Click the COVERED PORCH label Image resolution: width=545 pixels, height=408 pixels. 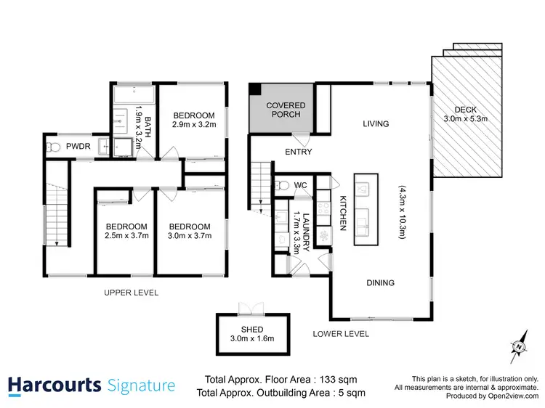pos(286,110)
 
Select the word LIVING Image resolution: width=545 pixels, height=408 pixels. pos(376,124)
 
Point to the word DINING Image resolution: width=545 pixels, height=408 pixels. pos(381,283)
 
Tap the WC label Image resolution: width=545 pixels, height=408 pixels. pos(301,185)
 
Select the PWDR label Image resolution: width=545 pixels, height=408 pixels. pos(78,147)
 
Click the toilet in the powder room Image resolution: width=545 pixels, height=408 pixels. pos(50,147)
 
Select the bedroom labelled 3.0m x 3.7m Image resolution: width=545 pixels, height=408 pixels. pos(189,231)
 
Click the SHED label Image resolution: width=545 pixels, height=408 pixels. pos(248,329)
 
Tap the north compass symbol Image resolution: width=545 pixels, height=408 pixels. pos(519,346)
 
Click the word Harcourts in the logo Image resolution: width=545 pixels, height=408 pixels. pos(54,385)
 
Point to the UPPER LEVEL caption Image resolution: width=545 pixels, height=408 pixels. pos(131,293)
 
